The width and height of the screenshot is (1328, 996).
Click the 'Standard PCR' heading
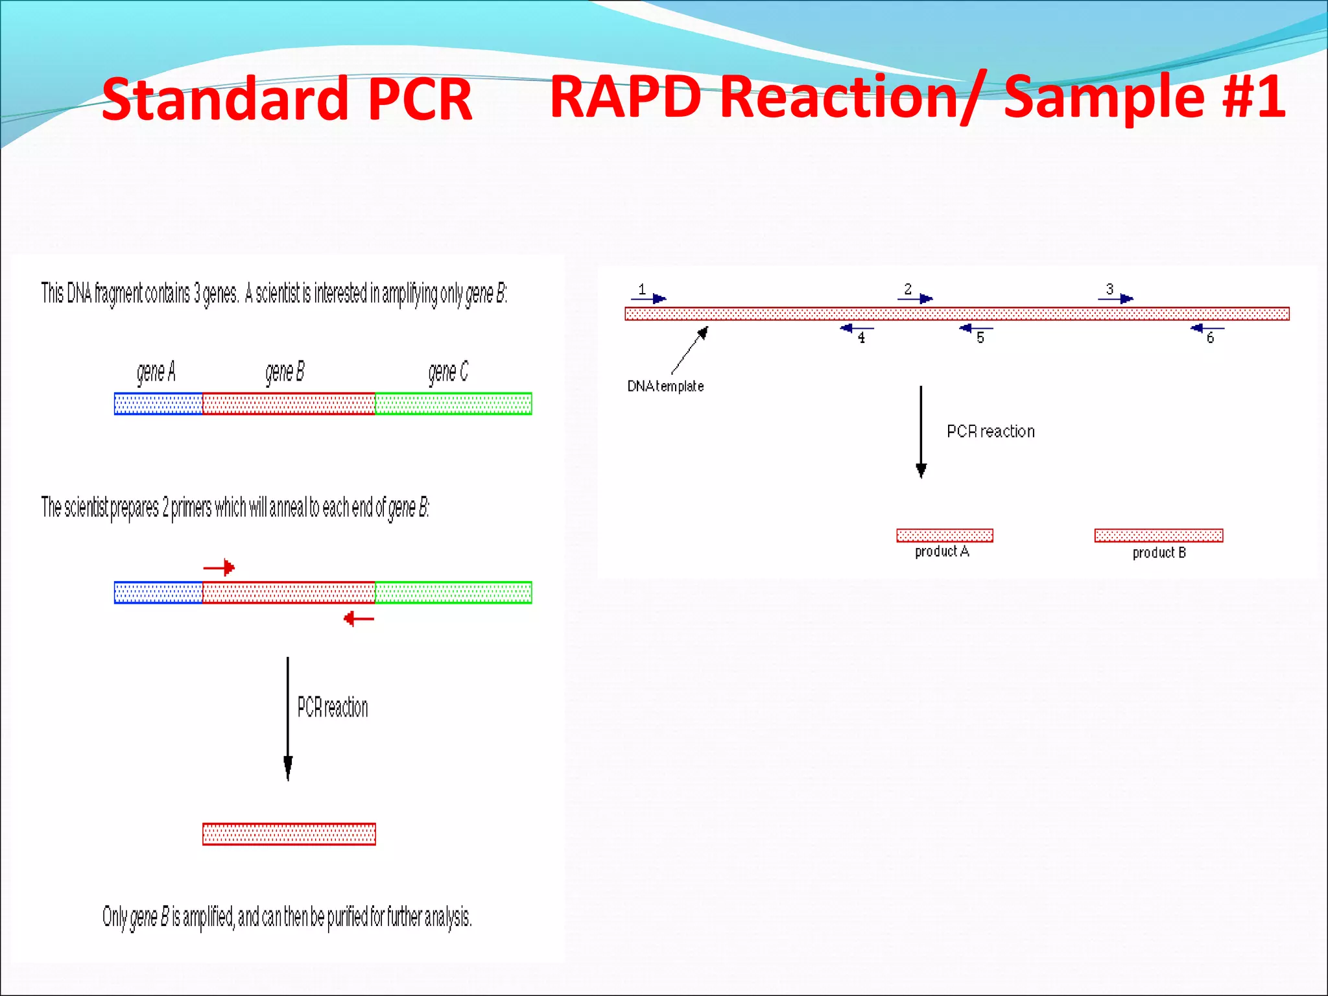click(287, 99)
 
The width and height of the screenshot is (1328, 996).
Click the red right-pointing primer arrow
click(219, 567)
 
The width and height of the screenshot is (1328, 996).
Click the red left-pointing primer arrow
click(359, 619)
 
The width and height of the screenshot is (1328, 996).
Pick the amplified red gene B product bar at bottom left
click(289, 834)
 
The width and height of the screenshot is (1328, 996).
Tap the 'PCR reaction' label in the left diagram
click(333, 707)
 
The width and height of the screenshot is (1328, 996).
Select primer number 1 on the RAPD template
click(648, 298)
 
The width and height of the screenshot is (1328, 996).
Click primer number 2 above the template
click(915, 298)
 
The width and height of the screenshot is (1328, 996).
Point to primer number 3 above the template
click(1116, 298)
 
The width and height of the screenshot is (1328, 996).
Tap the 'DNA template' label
click(665, 386)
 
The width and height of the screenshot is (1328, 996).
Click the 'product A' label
click(942, 552)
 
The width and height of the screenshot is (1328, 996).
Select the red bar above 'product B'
click(1159, 535)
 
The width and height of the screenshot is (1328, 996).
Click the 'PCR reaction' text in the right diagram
click(990, 431)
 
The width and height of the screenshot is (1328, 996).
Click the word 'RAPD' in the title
click(626, 97)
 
